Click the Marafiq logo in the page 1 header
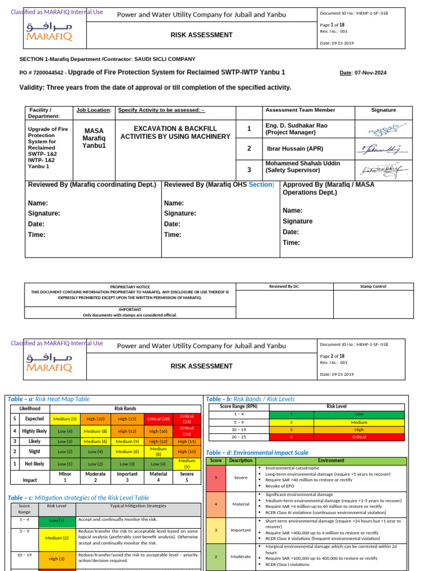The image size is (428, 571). pos(49,32)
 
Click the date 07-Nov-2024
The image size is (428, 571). pos(371,73)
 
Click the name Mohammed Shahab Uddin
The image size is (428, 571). pos(301,163)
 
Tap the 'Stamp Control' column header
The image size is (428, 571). pos(373,287)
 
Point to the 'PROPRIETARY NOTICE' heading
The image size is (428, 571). pos(130,286)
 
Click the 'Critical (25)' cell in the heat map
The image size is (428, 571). pos(187,418)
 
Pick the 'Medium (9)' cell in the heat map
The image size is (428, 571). pos(127,442)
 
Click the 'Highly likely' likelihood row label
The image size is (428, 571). pos(35,431)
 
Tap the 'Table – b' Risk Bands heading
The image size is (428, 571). pos(250,399)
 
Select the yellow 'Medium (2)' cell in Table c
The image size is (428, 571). pos(56,538)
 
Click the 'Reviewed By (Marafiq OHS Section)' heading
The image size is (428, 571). pos(219,185)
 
